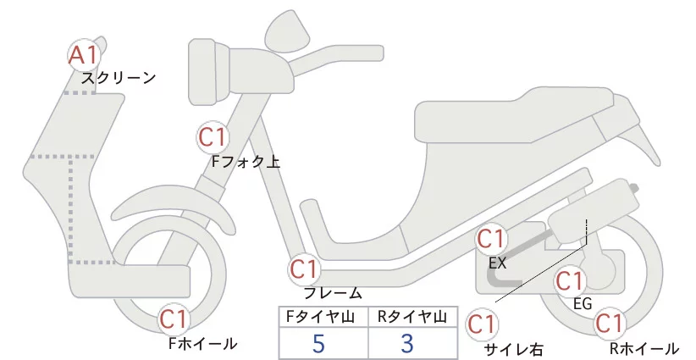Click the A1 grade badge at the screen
pos(84,56)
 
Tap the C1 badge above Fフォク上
pos(212,136)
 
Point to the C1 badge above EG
pos(570,280)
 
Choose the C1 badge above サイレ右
pos(481,324)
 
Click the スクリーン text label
pos(119,78)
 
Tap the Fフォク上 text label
pos(246,161)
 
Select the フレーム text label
pos(333,293)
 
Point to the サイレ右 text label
pos(512,348)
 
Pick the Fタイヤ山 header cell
pos(323,316)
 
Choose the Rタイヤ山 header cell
pos(412,316)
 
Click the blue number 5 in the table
pos(319,343)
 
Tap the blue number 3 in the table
pos(408,343)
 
